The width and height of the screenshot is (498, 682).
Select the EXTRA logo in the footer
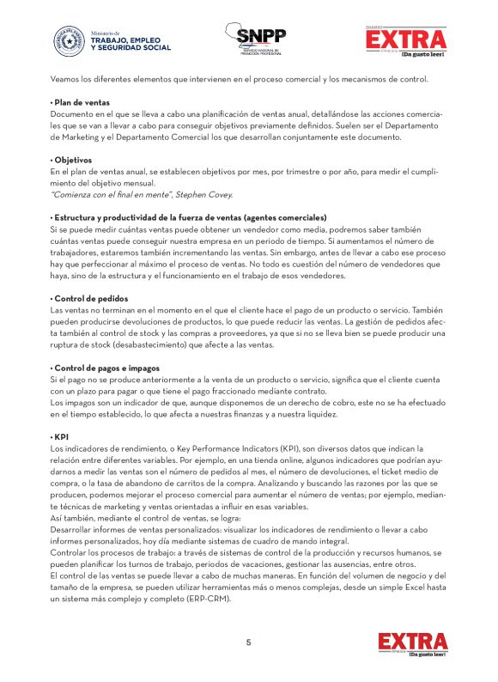coord(413,643)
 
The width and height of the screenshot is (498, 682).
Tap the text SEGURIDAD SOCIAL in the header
coord(131,47)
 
